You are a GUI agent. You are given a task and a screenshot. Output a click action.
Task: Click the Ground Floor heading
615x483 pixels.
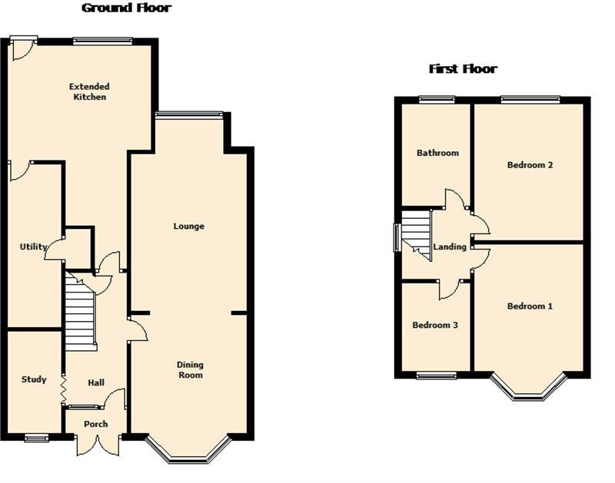[126, 8]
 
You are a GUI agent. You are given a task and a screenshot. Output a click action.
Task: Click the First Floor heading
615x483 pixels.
[463, 69]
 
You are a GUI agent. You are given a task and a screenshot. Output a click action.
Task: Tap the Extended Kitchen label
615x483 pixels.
[89, 91]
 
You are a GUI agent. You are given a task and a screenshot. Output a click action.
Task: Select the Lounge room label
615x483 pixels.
[188, 227]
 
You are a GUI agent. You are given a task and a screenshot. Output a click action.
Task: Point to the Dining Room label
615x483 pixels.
[190, 370]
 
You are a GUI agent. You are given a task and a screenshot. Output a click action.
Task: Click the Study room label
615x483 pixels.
[34, 379]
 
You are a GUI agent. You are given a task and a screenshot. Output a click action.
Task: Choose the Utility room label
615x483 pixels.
[33, 246]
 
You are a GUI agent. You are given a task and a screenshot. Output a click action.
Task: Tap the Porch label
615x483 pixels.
[95, 424]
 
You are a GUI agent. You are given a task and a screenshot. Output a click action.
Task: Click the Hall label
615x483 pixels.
[96, 382]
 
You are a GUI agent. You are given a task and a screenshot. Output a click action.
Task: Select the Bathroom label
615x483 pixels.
[437, 153]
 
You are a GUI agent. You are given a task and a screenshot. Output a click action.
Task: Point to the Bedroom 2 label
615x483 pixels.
[530, 165]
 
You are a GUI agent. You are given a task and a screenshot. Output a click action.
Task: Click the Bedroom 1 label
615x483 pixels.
[530, 306]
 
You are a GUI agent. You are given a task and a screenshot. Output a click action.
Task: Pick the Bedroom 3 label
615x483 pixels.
[435, 325]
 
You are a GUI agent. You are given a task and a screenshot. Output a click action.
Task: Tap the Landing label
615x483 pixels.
[450, 246]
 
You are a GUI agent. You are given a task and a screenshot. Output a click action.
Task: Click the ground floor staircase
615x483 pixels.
[81, 312]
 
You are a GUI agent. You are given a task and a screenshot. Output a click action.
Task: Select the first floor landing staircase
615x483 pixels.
[417, 235]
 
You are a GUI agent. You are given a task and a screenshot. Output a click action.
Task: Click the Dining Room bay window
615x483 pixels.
[188, 450]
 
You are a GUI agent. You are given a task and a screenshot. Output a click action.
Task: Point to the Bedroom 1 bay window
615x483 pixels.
[528, 387]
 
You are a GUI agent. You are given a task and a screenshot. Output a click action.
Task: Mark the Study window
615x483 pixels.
[36, 438]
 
